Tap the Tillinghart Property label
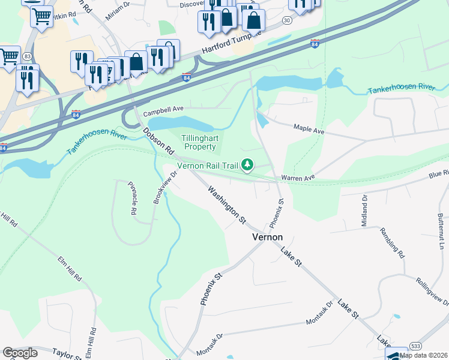(x=199, y=143)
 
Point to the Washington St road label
(x=227, y=205)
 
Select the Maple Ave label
(x=309, y=128)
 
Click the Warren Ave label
(x=297, y=178)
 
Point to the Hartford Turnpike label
(x=233, y=42)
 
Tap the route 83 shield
(x=28, y=56)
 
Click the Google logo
(x=19, y=353)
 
